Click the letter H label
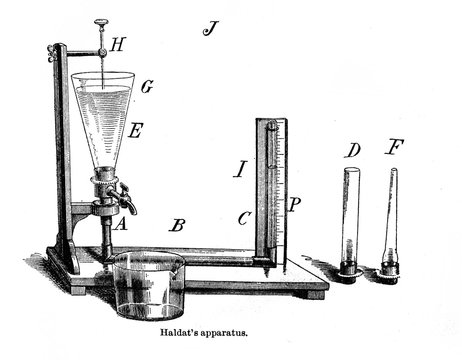119,45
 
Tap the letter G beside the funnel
146,87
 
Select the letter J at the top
210,27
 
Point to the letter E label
135,129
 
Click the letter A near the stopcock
120,225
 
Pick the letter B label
176,224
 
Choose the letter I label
239,169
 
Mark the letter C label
244,216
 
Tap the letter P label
294,203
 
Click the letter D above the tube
352,150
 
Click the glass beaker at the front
149,285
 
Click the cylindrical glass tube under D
350,220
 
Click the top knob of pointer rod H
101,22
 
